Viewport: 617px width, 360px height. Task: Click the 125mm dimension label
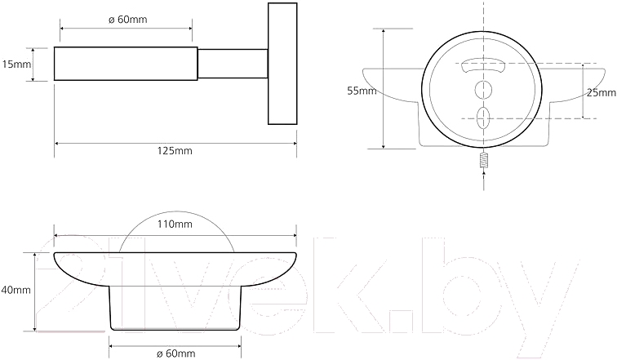coord(175,151)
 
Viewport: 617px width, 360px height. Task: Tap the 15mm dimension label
coord(16,64)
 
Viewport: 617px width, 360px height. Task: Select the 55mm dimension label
coord(362,91)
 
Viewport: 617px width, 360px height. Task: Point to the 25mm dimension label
coord(601,93)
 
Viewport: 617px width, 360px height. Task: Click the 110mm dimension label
coord(175,224)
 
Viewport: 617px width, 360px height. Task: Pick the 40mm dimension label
coord(16,291)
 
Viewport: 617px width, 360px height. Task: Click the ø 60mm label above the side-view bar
coord(128,20)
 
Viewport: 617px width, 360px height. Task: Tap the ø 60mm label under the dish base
coord(176,353)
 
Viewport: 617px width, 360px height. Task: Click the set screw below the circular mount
coord(484,160)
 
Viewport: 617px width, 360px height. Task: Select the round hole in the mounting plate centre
coord(483,90)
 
